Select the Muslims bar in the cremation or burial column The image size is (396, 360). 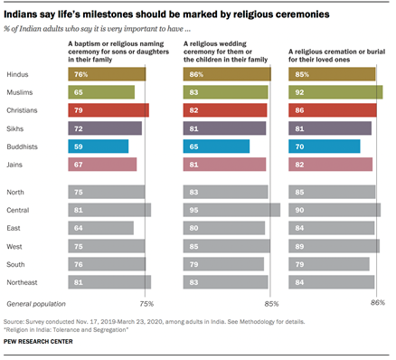(335, 92)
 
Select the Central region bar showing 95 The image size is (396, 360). (231, 210)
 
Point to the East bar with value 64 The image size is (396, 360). (100, 228)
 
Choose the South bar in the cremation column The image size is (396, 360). (328, 264)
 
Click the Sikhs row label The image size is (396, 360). (14, 128)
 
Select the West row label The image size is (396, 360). (14, 246)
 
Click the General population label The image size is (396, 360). (35, 303)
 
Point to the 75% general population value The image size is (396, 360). (146, 303)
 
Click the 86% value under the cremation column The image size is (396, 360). (377, 303)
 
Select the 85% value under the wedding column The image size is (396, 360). (272, 303)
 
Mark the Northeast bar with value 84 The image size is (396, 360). (331, 282)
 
